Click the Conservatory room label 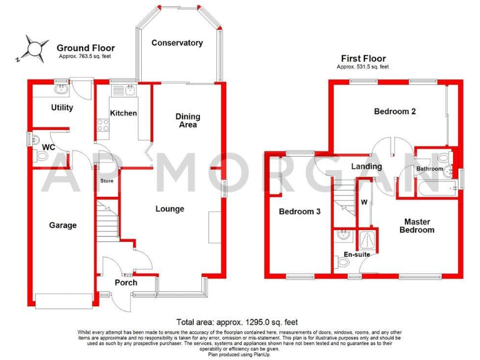point(177,43)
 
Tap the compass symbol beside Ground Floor point(36,48)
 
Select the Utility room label point(62,107)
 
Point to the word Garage point(62,225)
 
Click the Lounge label point(169,209)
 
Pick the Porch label point(126,282)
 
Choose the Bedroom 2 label point(395,112)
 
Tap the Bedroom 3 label point(299,212)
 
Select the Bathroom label point(430,169)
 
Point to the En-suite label point(357,254)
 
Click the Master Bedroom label point(419,226)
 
